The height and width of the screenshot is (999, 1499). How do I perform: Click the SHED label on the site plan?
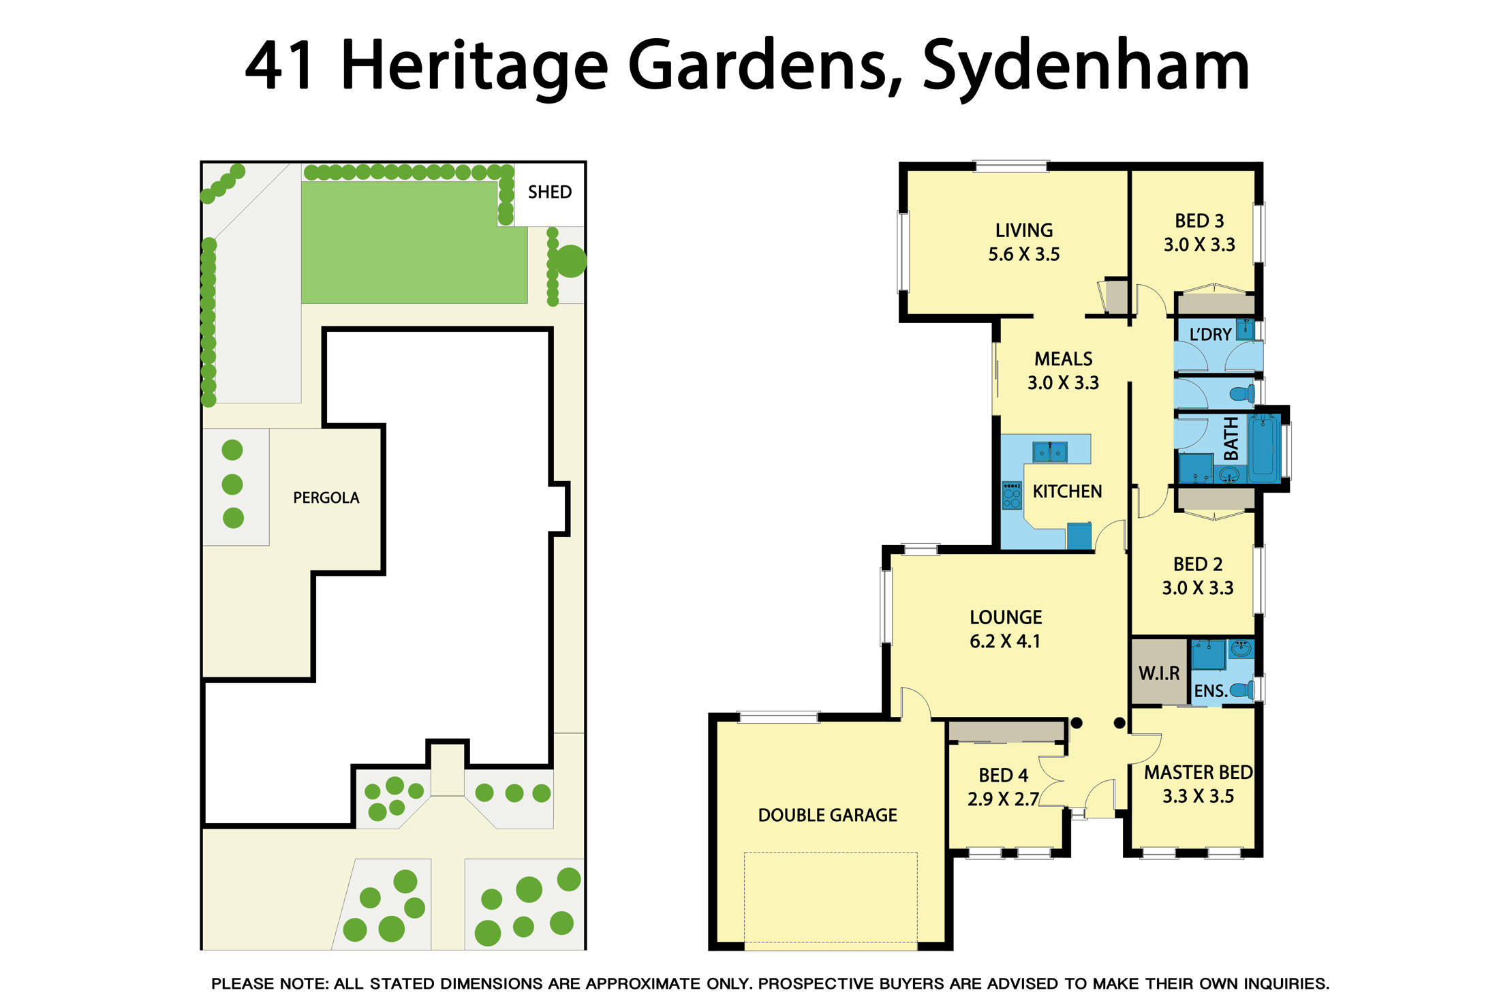[x=549, y=192]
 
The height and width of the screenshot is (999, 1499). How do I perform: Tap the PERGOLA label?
[x=326, y=497]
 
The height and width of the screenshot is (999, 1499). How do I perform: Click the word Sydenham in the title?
[x=1085, y=66]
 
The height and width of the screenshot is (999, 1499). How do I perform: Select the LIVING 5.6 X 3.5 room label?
[x=1023, y=242]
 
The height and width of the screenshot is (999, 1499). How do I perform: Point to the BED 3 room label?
[x=1199, y=221]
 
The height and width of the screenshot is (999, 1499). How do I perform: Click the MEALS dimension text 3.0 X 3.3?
[x=1063, y=383]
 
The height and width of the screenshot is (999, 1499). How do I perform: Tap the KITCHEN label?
[x=1066, y=491]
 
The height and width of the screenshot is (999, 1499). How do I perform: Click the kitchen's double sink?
[x=1049, y=452]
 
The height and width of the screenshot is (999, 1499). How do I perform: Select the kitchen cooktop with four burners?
[x=1012, y=495]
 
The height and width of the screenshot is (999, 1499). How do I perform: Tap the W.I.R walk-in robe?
[x=1158, y=673]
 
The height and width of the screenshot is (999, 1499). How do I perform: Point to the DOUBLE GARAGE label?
[x=827, y=815]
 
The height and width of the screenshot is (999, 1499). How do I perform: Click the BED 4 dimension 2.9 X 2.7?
[x=1002, y=799]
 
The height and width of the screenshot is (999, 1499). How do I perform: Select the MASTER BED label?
[x=1198, y=772]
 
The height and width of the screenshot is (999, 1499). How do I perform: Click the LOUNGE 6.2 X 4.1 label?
[x=1005, y=629]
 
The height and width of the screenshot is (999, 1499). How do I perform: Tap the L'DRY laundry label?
[x=1210, y=335]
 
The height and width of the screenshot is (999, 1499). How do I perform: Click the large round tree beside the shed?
[x=570, y=261]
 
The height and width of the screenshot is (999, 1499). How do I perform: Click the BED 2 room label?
[x=1197, y=564]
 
